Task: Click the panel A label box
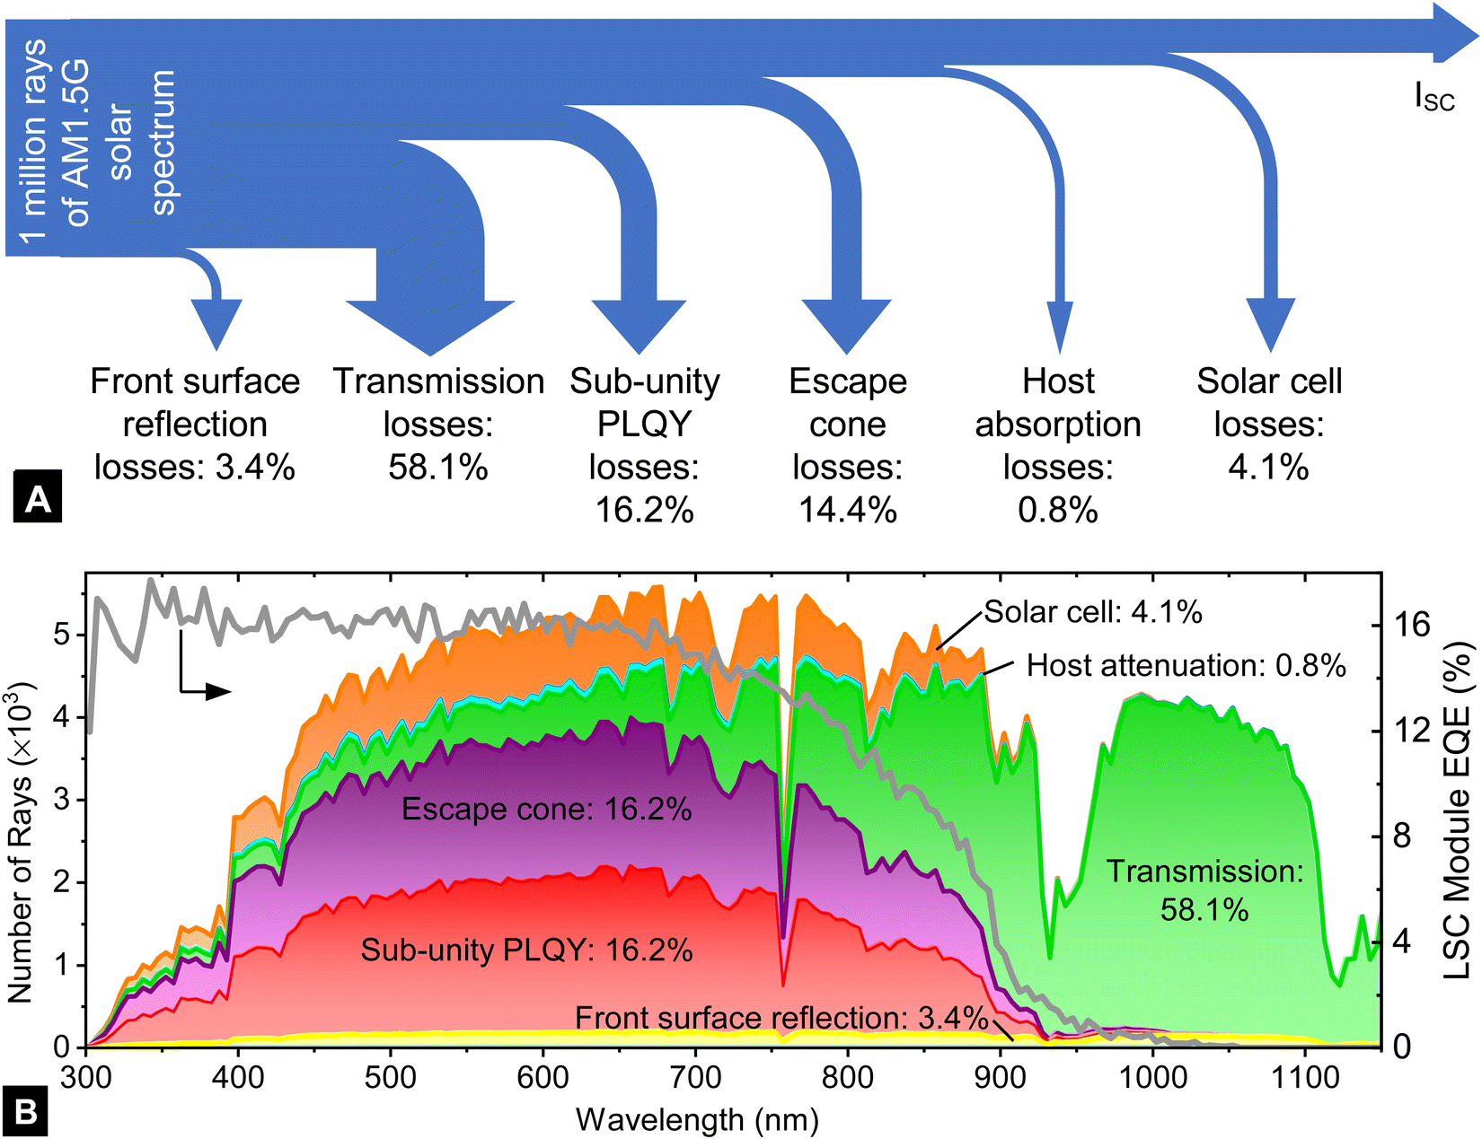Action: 38,495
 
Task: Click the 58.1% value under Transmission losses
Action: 438,468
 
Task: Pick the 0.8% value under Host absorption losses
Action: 1058,510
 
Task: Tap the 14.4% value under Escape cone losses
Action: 847,510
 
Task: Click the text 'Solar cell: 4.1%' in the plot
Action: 1092,612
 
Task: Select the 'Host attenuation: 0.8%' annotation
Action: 1186,665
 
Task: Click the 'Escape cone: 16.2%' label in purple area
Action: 546,810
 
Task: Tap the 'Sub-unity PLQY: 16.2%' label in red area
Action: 526,950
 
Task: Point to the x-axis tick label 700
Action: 694,1076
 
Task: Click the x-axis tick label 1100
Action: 1304,1076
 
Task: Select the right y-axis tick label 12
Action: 1411,731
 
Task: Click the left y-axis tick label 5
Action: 61,635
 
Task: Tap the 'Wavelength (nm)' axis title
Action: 696,1119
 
